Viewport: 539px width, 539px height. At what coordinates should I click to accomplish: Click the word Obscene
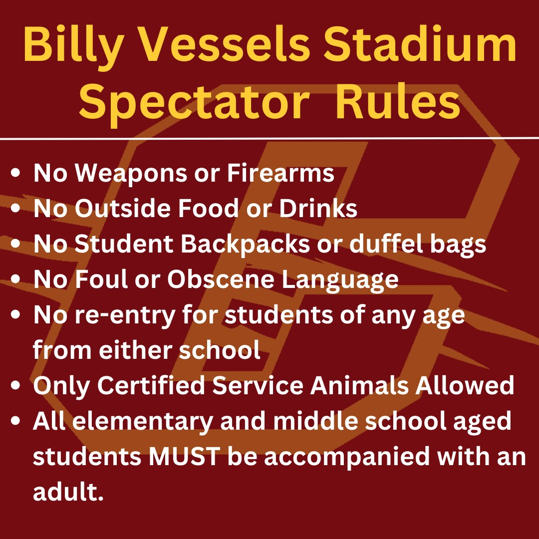[x=220, y=280]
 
